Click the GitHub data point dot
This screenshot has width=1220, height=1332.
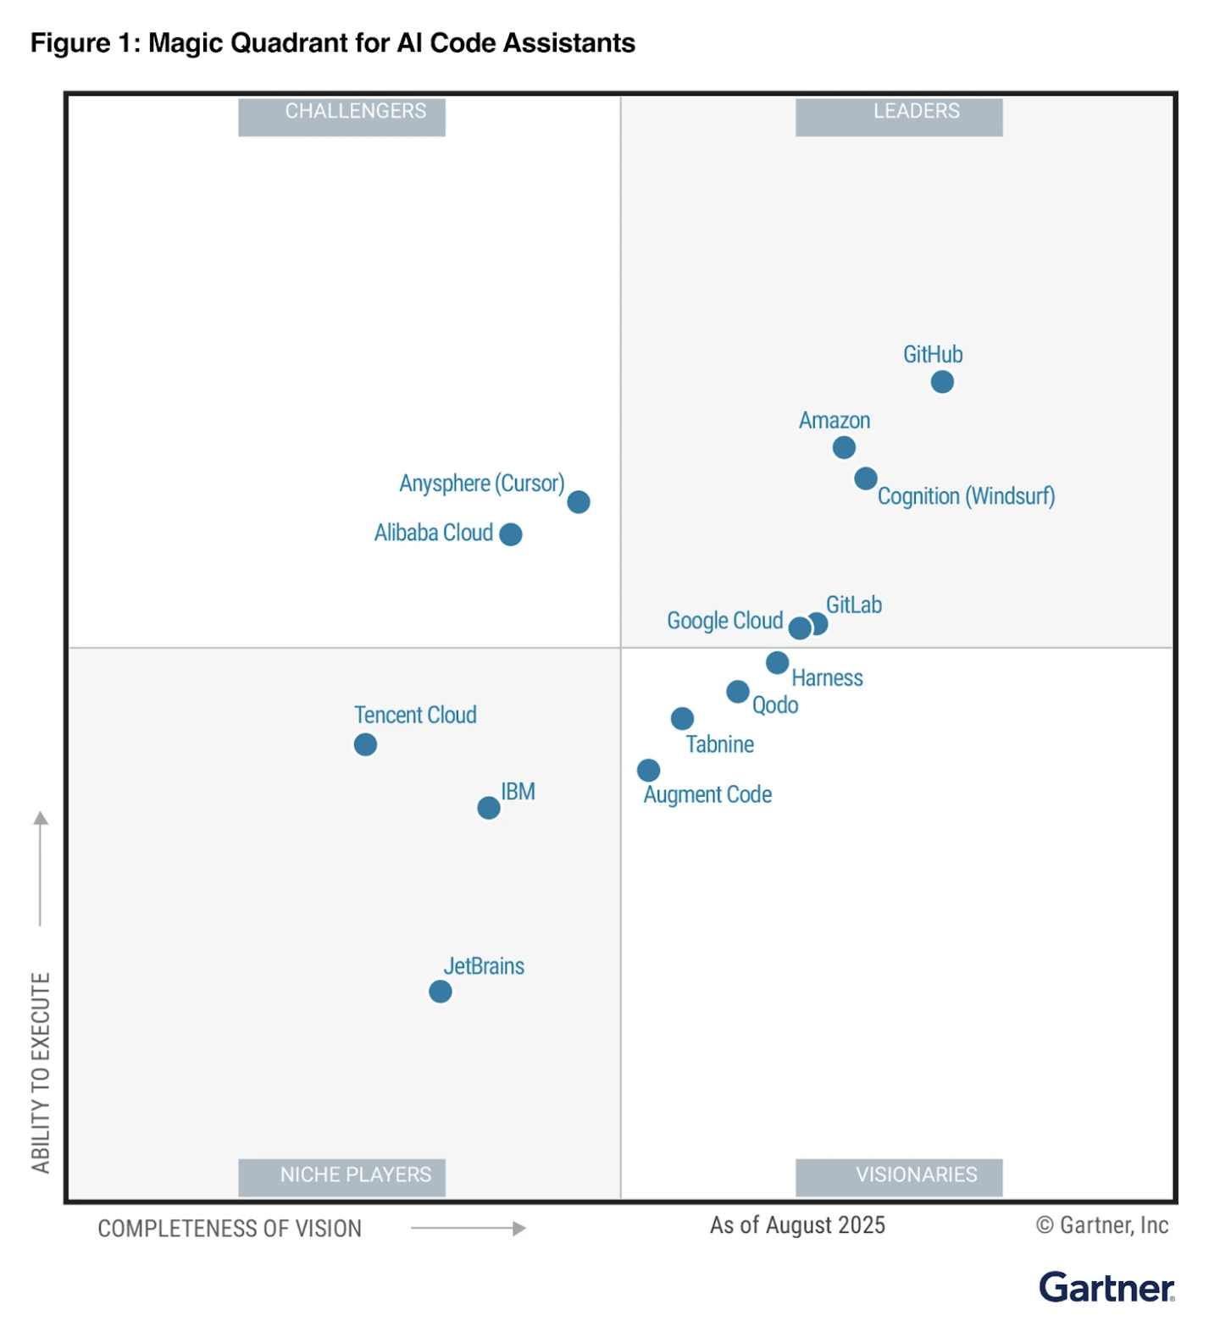point(941,382)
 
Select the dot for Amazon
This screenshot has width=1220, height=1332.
point(843,447)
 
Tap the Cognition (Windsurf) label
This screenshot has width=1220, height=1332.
point(966,496)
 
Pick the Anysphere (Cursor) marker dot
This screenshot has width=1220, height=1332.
point(578,502)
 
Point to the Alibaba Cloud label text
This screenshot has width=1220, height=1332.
point(433,533)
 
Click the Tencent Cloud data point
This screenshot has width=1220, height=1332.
point(365,744)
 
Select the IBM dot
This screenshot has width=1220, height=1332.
point(488,808)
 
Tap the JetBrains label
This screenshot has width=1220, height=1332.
point(484,966)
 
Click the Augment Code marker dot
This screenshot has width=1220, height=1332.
point(648,770)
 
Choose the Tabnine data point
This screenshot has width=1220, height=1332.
point(682,718)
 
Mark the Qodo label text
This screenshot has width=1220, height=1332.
point(774,705)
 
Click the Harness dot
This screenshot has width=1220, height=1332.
point(777,662)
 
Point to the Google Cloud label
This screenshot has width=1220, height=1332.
point(724,621)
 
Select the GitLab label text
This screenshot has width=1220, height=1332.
point(853,605)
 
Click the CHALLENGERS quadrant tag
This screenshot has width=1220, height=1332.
point(341,116)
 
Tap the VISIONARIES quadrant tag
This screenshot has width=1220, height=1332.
point(898,1176)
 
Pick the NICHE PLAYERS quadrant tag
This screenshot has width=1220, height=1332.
point(341,1176)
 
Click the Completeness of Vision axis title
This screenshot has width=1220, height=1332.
point(230,1229)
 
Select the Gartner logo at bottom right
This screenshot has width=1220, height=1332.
point(1106,1287)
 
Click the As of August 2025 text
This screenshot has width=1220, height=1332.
point(796,1225)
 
